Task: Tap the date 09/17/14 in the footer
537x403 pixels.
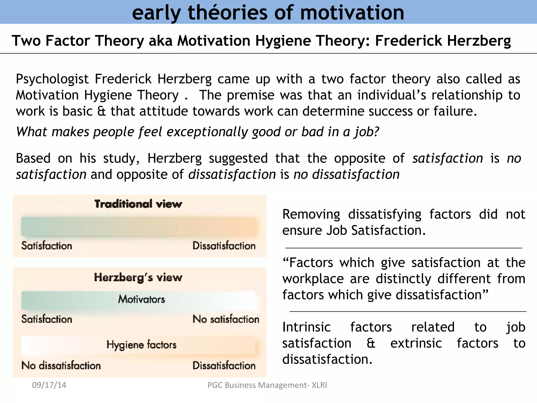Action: [49, 385]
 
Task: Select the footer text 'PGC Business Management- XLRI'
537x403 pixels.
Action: [267, 385]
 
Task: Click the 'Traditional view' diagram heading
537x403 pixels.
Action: [138, 204]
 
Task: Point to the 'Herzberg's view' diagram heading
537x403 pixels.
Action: [138, 278]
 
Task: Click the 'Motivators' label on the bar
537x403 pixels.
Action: [141, 299]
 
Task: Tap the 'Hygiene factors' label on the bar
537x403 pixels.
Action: [141, 345]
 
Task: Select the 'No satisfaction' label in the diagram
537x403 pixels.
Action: [226, 319]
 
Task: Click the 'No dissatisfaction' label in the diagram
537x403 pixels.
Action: [61, 365]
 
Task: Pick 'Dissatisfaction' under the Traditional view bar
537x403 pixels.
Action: [224, 246]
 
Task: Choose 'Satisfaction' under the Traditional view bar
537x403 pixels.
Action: [47, 246]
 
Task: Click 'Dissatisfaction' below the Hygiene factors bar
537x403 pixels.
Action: [224, 365]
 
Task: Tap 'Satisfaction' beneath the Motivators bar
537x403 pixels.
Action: [47, 319]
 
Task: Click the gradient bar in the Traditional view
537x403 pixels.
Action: [139, 226]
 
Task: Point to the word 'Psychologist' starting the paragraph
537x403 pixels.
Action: [52, 79]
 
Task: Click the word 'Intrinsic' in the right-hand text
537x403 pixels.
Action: [307, 327]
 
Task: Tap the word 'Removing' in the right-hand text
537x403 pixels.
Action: [311, 214]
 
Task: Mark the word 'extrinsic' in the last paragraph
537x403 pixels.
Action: [416, 343]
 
